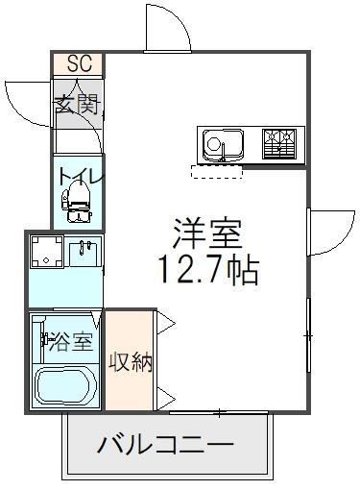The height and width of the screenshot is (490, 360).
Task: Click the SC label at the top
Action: pos(79,64)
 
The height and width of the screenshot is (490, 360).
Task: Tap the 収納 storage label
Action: pos(130,364)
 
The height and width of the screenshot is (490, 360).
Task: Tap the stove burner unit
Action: pos(280,144)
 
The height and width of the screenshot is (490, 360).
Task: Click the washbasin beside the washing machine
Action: pos(84,254)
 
